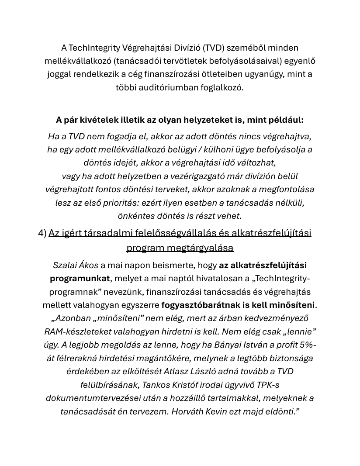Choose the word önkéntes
[134, 216]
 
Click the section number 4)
[42, 233]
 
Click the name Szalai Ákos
[76, 265]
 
